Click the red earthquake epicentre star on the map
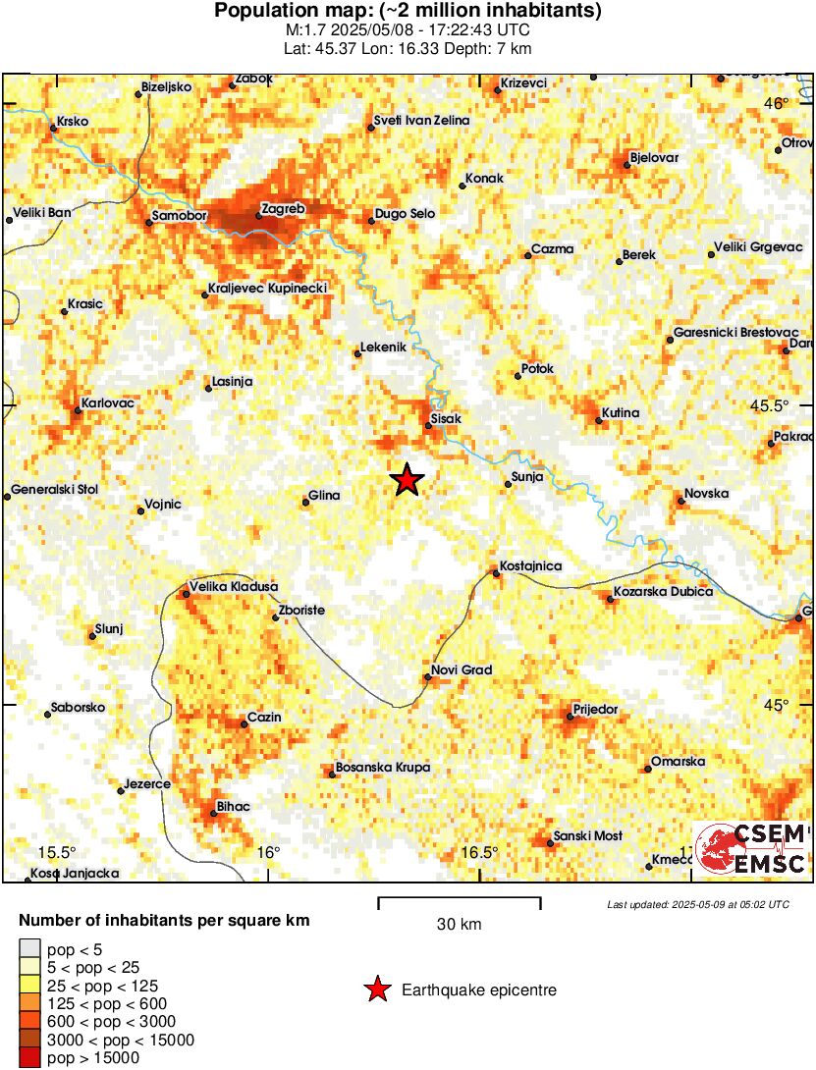407,480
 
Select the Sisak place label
446,418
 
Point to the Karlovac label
109,402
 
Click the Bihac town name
233,807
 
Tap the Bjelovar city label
653,157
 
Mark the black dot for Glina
306,503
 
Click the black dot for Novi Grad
427,677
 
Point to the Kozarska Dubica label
663,592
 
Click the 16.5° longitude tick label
480,851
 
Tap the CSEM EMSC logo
751,849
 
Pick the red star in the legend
377,990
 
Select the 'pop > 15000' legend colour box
30,1057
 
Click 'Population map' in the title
276,12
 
